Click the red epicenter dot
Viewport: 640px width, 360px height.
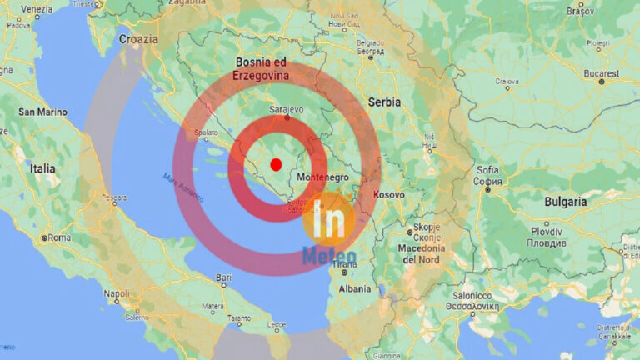[276, 164]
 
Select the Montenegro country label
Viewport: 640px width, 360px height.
[321, 177]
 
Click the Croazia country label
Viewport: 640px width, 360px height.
[138, 39]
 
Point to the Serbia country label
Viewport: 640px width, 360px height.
[384, 102]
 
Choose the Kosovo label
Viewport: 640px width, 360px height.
[388, 194]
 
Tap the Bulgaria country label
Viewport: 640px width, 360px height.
[566, 202]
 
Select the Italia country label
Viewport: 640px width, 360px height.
[42, 168]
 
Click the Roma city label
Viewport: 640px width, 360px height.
[59, 237]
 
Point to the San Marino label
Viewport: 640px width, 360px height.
[42, 112]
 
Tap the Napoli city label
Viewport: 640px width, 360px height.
[117, 293]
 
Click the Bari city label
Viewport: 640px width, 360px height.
[224, 277]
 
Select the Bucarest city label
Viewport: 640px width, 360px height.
[602, 73]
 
